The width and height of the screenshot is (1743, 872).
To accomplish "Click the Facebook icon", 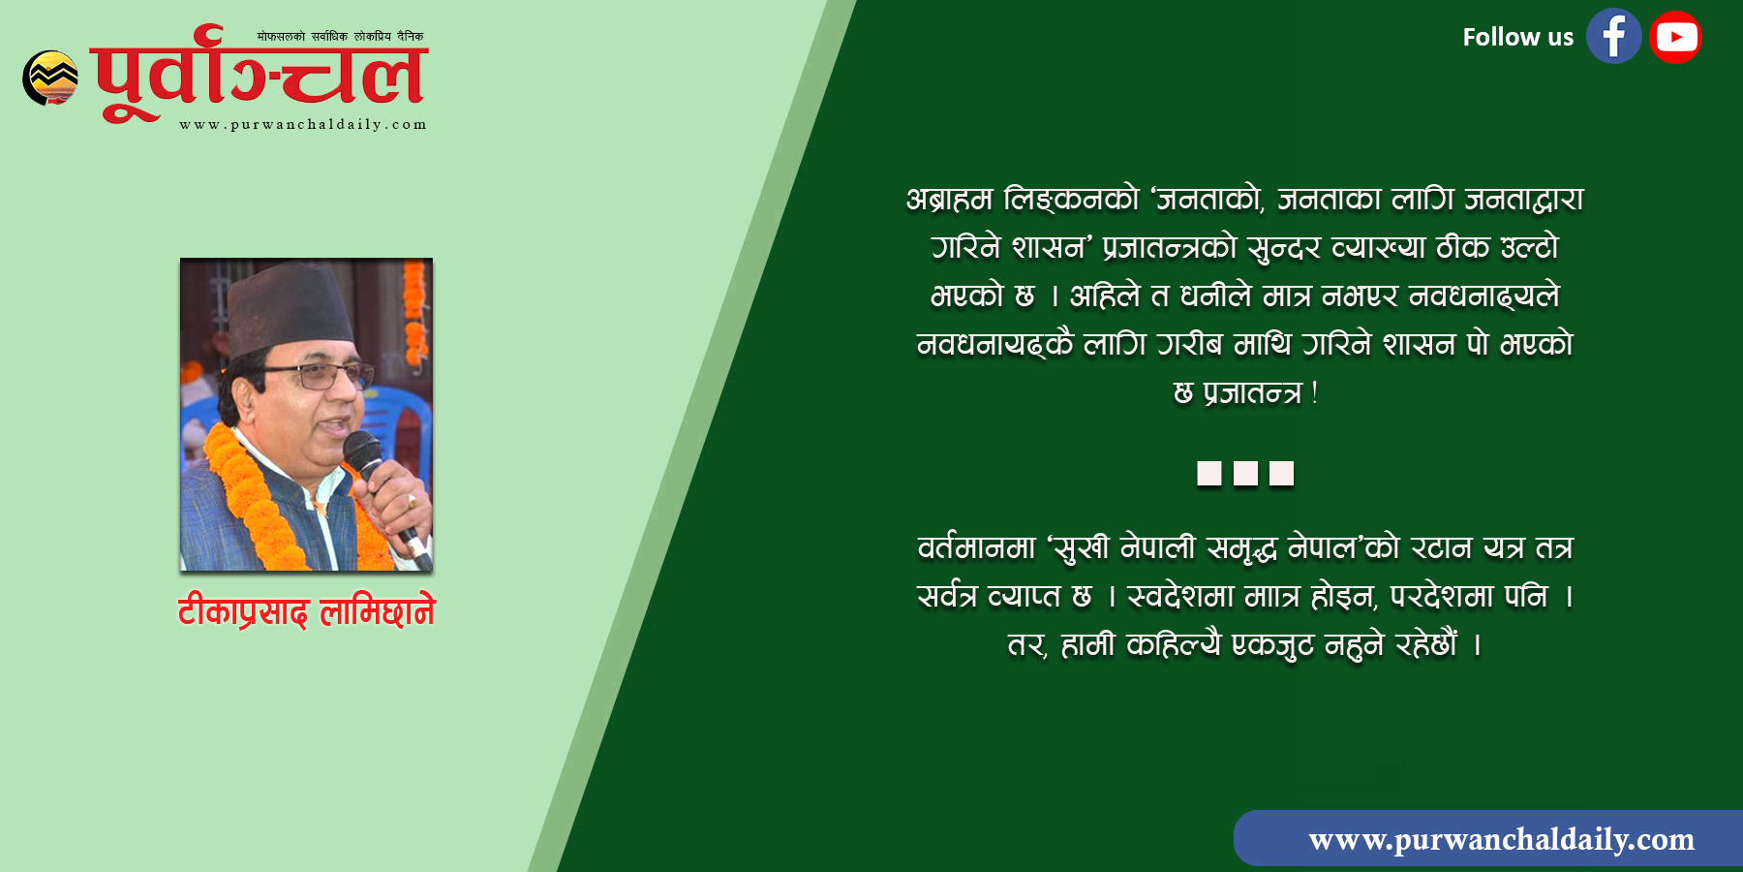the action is (1613, 37).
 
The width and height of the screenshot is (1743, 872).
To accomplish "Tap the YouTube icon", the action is (1675, 37).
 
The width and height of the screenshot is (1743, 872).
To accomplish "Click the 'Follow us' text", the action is (1517, 37).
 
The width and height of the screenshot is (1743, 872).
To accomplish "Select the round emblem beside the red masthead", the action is (50, 78).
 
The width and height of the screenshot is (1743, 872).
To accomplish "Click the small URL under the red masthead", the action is (303, 124).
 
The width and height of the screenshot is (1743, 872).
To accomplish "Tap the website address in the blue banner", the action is (1501, 839).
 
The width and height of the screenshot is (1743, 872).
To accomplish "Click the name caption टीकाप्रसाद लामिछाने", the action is (306, 611).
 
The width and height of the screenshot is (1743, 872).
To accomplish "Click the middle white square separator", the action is (1245, 473).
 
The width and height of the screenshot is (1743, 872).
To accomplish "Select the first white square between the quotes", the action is (1209, 473).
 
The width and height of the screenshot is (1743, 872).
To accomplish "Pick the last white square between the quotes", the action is (1281, 473).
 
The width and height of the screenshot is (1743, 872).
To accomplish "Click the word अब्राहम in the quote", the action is (949, 199).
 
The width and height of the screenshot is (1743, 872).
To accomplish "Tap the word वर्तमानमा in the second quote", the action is (976, 548).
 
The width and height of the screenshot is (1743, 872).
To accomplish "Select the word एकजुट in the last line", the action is (1271, 644).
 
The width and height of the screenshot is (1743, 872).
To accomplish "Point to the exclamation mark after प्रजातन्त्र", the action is (1314, 392).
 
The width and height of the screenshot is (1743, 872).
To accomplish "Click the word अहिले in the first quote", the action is (1105, 296).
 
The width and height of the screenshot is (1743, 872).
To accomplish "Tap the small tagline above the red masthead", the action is (340, 37).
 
